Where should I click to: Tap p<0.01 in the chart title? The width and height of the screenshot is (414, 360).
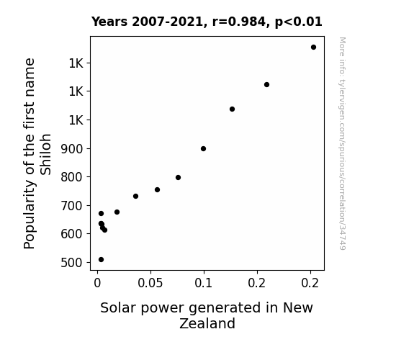coord(299,22)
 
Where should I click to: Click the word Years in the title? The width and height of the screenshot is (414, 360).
coord(109,22)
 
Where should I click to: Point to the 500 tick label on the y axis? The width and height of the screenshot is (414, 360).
coord(72,263)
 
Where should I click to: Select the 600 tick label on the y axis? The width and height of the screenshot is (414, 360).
coord(72,234)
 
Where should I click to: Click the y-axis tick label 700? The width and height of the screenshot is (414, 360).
coord(72,206)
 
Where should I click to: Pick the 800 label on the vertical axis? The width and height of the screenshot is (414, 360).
coord(72,177)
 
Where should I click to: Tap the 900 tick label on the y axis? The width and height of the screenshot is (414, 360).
coord(72,149)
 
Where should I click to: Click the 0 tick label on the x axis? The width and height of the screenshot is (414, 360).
coord(97,283)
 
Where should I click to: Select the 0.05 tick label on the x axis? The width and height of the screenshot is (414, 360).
coord(150,283)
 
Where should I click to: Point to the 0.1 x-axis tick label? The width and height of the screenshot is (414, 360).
coord(203,283)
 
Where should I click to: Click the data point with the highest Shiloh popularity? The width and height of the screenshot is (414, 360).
coord(313,48)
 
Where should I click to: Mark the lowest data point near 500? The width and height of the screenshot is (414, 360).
coord(101,260)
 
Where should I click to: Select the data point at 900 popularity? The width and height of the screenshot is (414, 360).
coord(203,149)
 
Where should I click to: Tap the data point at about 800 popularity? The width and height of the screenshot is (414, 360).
coord(179,178)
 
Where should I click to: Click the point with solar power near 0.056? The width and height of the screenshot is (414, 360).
coord(157,189)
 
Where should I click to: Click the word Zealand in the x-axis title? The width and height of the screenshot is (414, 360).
coord(207,323)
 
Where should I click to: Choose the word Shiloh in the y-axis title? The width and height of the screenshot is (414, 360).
coord(45,154)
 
